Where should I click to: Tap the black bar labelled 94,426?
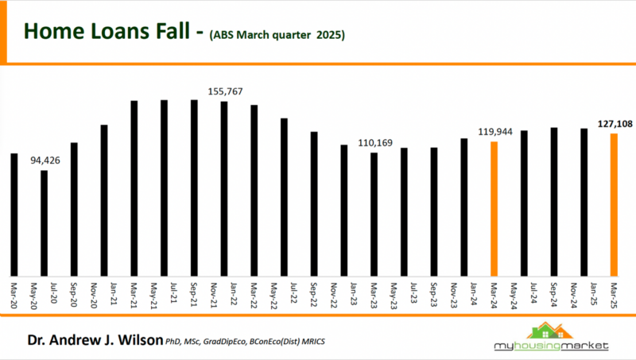tap(44, 223)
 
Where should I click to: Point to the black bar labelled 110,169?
tap(374, 214)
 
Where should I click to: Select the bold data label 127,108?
tap(614, 123)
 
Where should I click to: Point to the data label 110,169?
tap(374, 142)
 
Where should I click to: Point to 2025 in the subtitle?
tap(329, 36)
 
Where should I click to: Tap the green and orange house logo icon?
tap(552, 330)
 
